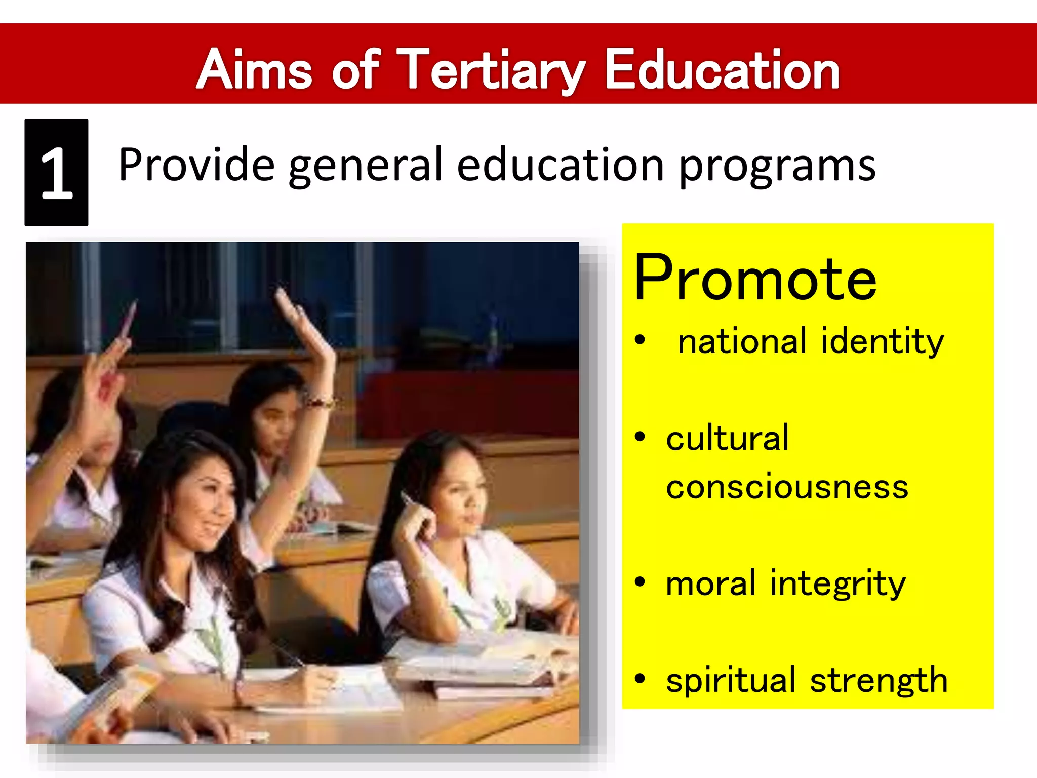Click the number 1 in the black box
56,173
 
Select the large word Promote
754,279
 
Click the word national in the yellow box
742,341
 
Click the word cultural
727,438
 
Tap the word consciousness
787,487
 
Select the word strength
879,680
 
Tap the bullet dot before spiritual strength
641,678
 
